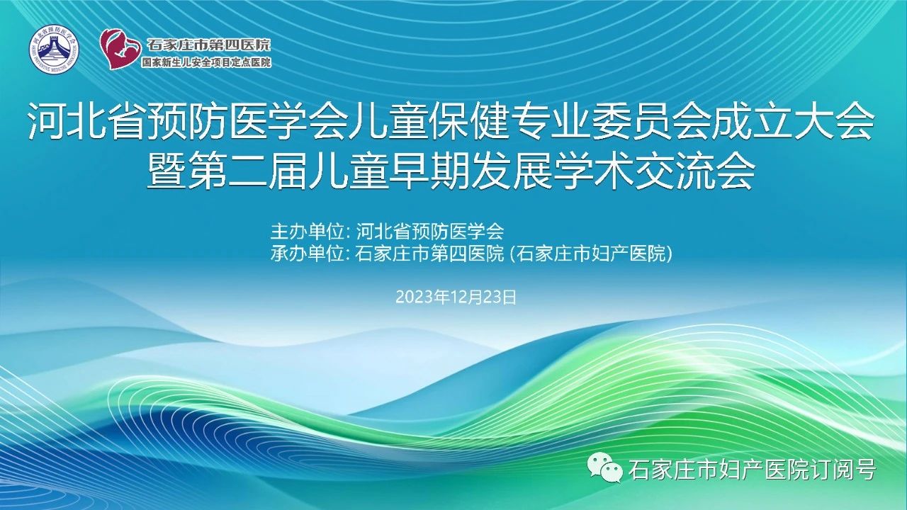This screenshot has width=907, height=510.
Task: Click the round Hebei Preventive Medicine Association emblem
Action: coord(54,49)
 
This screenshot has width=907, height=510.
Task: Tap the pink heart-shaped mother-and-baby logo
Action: coord(120,48)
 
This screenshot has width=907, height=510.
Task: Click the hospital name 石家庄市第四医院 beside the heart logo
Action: coord(208,45)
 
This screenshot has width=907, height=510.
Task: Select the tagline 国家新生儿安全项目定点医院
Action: coord(206,62)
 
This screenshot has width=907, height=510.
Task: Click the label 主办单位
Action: coord(308,232)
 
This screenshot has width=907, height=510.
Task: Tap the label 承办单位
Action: coord(308,254)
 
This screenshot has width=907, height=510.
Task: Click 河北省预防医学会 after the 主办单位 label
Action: coord(430,232)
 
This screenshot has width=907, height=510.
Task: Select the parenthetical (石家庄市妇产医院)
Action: coord(590,254)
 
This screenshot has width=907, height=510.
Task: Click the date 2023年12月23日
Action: coord(456,297)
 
